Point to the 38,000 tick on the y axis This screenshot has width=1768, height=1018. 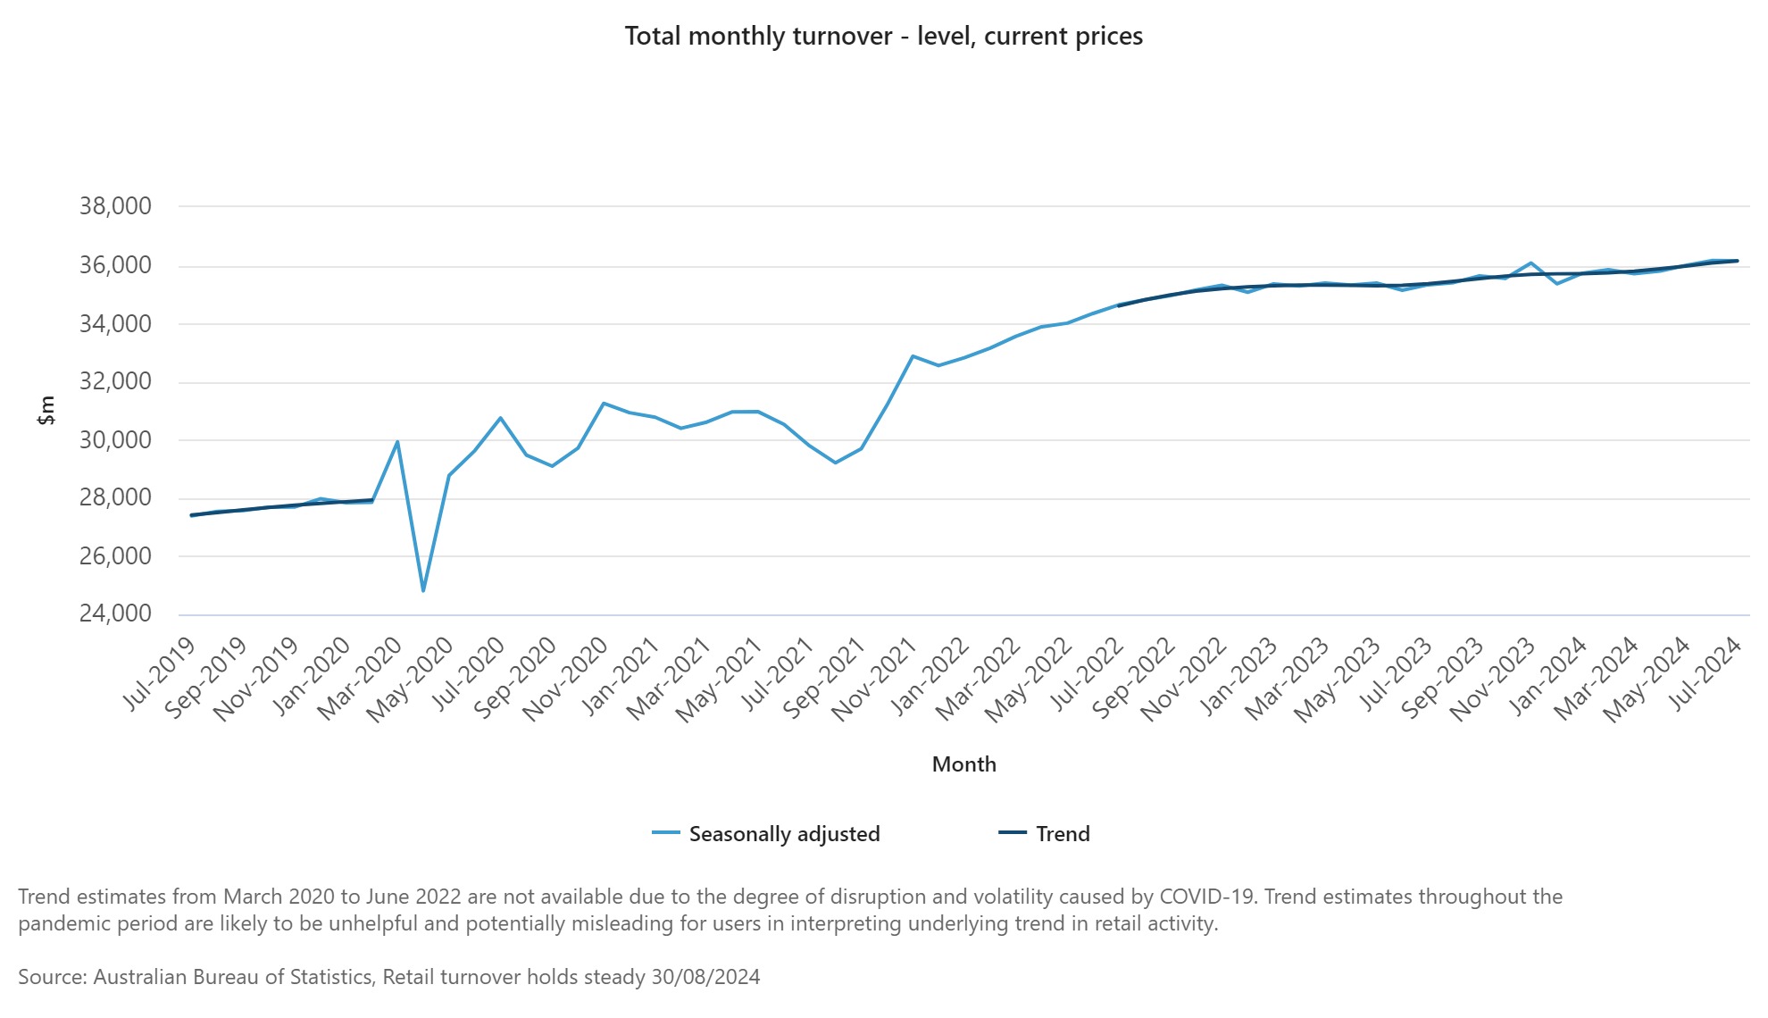click(x=115, y=206)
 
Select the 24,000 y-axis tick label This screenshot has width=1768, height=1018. click(x=115, y=613)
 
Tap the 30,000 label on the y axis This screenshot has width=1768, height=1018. click(x=115, y=439)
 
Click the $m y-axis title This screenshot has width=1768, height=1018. click(x=46, y=410)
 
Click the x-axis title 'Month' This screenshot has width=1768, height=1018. click(x=963, y=764)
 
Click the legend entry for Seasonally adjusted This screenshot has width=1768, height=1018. click(x=783, y=834)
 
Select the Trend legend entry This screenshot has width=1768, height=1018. click(x=1062, y=834)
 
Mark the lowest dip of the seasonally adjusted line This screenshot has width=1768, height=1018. click(x=423, y=590)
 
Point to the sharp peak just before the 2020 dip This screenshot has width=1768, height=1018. click(x=397, y=441)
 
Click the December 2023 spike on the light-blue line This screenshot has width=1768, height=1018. click(x=1531, y=263)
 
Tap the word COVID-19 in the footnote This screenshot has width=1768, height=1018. click(x=1208, y=897)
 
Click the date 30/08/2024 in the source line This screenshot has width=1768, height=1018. click(x=705, y=977)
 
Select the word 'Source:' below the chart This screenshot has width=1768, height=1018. click(x=53, y=977)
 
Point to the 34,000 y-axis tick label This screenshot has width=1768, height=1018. click(x=115, y=323)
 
